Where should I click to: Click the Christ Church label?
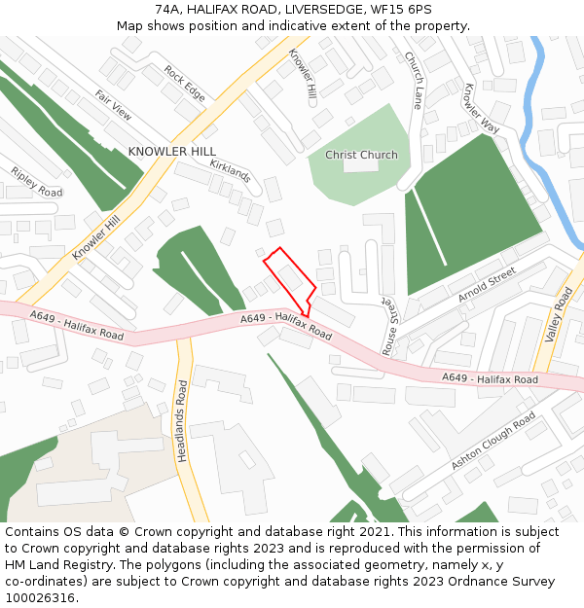(361, 155)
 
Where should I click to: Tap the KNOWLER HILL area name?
(172, 152)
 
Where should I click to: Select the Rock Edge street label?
(185, 84)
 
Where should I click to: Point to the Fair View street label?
(113, 105)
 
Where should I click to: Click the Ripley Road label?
(36, 182)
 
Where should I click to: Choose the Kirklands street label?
(231, 171)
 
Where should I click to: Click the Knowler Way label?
(481, 108)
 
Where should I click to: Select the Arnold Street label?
(487, 287)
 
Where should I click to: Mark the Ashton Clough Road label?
(493, 441)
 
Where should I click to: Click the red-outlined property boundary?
(288, 277)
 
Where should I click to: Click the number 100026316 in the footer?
(42, 597)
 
